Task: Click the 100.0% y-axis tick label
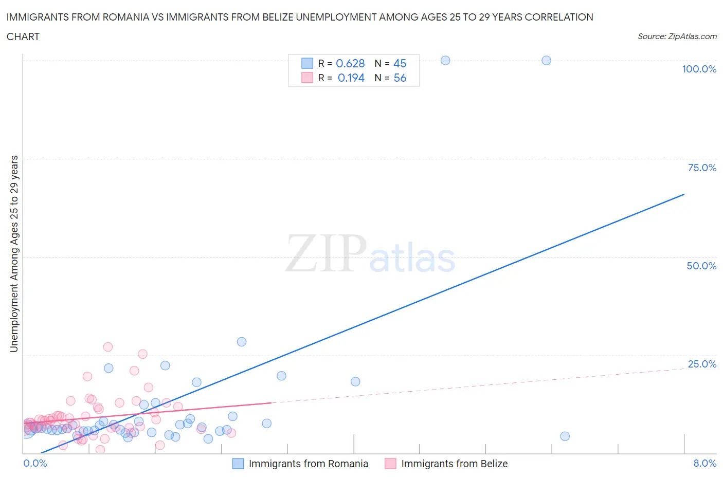point(699,69)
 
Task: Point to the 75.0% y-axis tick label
point(702,168)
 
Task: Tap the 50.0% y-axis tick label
point(701,266)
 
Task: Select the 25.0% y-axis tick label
point(702,364)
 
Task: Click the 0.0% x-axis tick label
point(35,463)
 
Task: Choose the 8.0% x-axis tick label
point(704,463)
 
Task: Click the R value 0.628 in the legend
point(350,63)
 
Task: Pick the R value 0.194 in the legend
point(351,78)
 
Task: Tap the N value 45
point(400,63)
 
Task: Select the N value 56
point(400,78)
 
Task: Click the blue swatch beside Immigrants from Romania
point(238,464)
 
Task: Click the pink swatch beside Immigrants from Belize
point(390,464)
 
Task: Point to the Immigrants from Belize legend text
point(454,464)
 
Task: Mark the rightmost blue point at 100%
point(546,60)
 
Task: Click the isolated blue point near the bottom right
point(565,436)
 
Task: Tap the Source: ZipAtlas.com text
point(677,36)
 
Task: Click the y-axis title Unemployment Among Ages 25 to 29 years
point(14,253)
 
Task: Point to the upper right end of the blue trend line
point(684,194)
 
